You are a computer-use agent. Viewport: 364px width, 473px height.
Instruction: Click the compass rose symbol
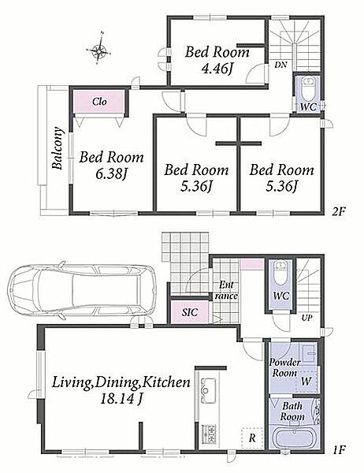[x=99, y=50]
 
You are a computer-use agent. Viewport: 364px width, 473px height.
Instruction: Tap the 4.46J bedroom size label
[x=217, y=69]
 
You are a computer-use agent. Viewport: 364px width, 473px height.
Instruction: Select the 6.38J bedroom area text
[x=112, y=174]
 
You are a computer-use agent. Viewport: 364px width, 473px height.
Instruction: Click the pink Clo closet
[x=99, y=102]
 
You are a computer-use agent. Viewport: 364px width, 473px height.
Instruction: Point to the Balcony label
[x=58, y=148]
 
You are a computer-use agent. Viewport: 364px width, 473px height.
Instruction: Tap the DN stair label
[x=280, y=65]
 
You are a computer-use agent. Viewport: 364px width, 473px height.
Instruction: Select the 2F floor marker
[x=338, y=212]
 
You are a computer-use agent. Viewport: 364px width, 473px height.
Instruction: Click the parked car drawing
[x=82, y=290]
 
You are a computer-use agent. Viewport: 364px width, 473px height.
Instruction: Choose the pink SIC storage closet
[x=190, y=312]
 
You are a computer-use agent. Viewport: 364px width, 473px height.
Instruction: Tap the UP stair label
[x=306, y=318]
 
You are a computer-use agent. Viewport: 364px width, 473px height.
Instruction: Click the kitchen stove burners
[x=209, y=434]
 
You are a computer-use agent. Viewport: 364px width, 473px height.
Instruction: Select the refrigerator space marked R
[x=252, y=438]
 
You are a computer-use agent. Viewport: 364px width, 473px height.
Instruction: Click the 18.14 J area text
[x=121, y=400]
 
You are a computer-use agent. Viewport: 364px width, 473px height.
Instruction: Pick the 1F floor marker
[x=338, y=450]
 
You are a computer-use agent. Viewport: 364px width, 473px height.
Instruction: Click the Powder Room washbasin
[x=308, y=353]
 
